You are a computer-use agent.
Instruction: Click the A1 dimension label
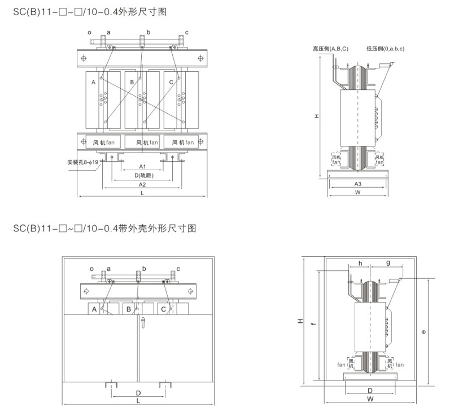(142, 167)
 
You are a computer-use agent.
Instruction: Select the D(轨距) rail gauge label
(142, 175)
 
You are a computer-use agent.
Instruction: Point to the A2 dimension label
(142, 185)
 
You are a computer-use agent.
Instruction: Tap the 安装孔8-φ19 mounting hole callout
(83, 162)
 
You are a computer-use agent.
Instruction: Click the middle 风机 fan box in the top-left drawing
(142, 142)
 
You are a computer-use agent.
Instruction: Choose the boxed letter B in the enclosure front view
(129, 309)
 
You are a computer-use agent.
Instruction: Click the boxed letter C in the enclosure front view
(163, 309)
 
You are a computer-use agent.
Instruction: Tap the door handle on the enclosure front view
(143, 323)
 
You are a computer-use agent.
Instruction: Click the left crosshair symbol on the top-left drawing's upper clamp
(84, 58)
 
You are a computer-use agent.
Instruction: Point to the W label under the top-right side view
(357, 193)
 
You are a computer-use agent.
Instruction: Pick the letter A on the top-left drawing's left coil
(93, 83)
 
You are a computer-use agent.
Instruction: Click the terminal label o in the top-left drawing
(89, 33)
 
